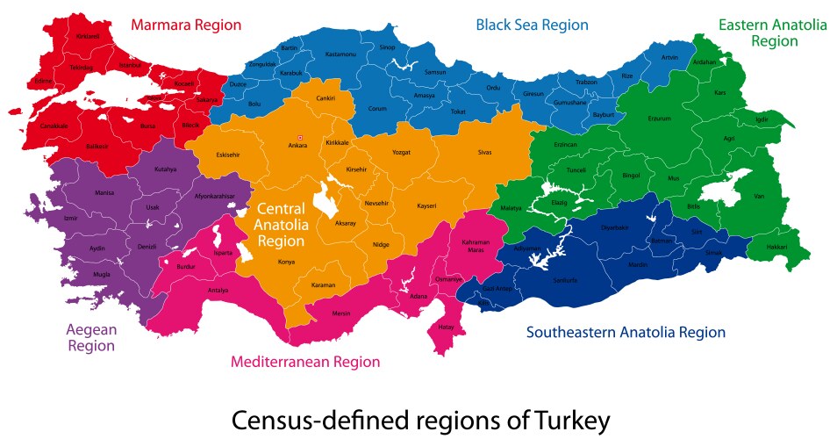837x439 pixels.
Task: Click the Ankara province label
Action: [298, 146]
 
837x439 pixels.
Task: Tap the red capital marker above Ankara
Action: [300, 137]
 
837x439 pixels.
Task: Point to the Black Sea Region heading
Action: [532, 25]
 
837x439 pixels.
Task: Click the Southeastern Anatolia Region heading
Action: [626, 332]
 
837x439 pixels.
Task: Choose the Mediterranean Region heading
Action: [305, 362]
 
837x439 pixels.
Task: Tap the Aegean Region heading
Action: [91, 337]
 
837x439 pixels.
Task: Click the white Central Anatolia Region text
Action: [281, 224]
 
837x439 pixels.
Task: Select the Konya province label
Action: [286, 262]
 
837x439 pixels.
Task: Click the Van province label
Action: [759, 196]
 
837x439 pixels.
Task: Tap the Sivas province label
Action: [485, 152]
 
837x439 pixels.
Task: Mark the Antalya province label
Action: [218, 290]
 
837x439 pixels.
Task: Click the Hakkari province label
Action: [776, 248]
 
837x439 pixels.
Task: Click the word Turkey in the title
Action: [563, 421]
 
